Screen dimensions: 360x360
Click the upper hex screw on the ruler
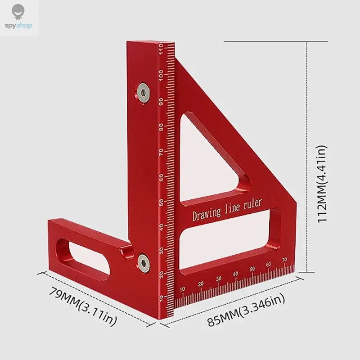coord(144,93)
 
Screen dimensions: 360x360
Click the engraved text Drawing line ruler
coord(227,210)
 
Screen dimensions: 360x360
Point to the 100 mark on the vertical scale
coord(161,75)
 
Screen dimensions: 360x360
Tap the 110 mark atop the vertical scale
coord(161,49)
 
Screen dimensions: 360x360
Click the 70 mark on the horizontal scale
coord(284,260)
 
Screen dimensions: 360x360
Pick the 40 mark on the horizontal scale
coord(235,274)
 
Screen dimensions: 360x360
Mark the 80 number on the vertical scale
coord(161,126)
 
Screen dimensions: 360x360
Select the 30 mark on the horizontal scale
coord(218,279)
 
